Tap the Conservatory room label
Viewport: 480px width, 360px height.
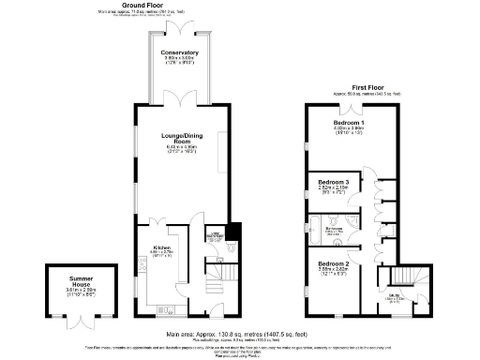179,52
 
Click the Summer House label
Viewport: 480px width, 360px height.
73,279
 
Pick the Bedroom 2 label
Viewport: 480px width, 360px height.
334,264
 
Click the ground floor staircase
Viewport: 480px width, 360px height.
203,282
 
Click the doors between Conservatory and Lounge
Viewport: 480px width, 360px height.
179,104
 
